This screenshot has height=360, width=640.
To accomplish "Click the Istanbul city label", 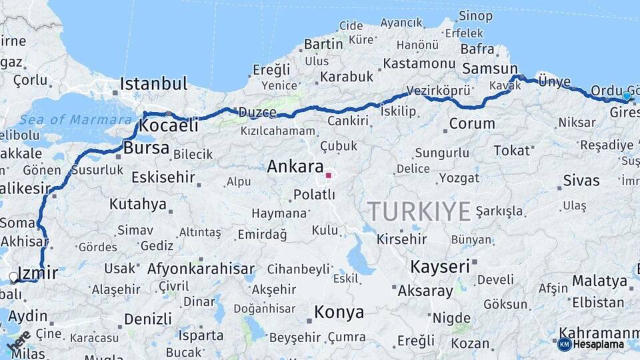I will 153,84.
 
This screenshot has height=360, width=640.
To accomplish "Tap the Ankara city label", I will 295,167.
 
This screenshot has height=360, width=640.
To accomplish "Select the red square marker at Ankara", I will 328,175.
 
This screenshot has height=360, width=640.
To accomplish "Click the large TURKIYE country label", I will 419,211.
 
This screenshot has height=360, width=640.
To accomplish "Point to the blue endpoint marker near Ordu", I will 626,96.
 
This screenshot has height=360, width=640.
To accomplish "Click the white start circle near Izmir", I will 13,277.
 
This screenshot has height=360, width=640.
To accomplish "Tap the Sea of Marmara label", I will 75,120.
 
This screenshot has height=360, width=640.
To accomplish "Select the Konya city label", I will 339,312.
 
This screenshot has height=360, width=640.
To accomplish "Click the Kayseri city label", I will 439,267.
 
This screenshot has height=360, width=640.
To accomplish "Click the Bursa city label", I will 146,148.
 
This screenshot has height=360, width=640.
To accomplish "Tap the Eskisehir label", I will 163,177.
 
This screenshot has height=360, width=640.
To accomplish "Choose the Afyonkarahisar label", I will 201,269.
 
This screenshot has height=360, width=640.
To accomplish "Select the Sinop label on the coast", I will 476,16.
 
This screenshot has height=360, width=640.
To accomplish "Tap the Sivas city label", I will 581,181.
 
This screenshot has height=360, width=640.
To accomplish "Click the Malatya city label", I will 599,281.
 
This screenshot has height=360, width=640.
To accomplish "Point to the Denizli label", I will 147,319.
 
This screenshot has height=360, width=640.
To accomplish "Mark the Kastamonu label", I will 419,64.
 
